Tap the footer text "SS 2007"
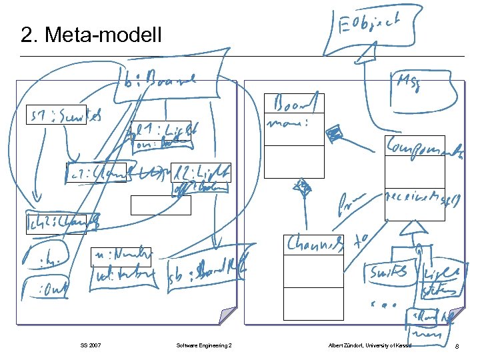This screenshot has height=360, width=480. tap(90, 345)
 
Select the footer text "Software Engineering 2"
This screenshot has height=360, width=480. tap(204, 345)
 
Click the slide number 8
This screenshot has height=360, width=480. tap(456, 345)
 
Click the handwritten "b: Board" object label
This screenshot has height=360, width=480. tap(160, 84)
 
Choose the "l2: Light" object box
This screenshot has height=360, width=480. tap(201, 172)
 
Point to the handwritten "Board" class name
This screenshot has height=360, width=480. tap(294, 104)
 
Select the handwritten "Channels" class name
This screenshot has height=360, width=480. tap(313, 245)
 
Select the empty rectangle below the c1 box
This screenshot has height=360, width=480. tap(161, 205)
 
